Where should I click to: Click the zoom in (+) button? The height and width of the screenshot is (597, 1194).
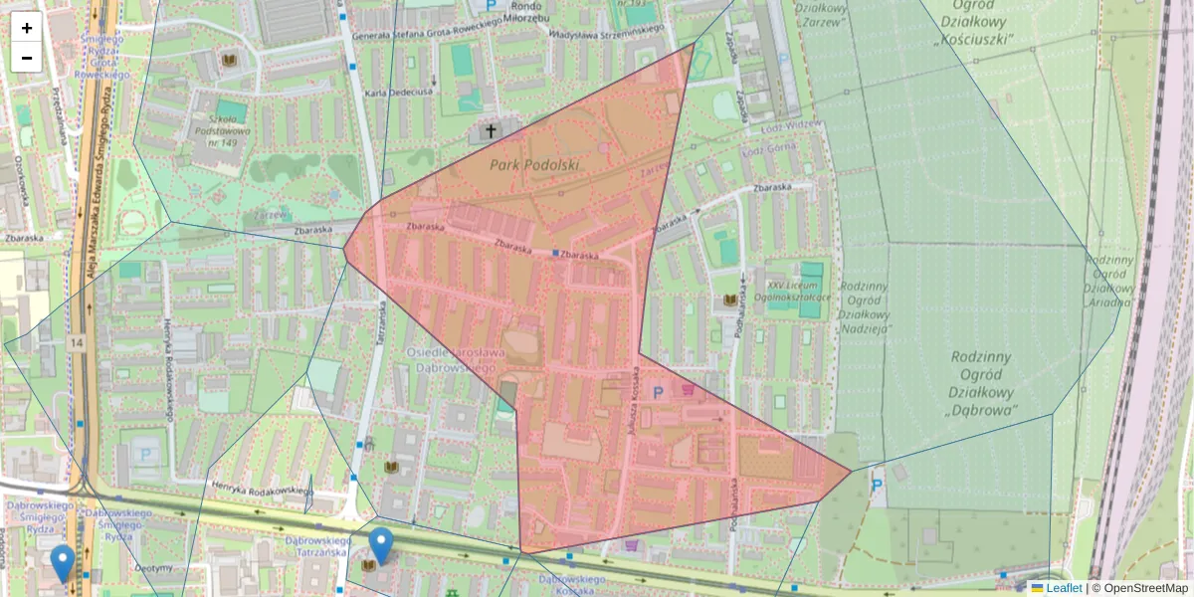tap(27, 28)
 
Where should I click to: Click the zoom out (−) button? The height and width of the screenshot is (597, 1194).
tap(27, 58)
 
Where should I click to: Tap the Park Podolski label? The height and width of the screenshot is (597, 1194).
tap(534, 163)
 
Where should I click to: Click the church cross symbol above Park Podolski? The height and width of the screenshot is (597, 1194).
tap(490, 130)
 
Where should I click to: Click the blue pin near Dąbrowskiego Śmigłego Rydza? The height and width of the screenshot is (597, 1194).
tap(63, 563)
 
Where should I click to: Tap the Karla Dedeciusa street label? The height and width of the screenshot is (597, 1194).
tap(399, 93)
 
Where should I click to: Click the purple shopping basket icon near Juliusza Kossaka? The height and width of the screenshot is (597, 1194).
tap(689, 390)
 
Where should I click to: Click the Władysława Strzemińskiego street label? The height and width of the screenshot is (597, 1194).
tap(606, 30)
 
